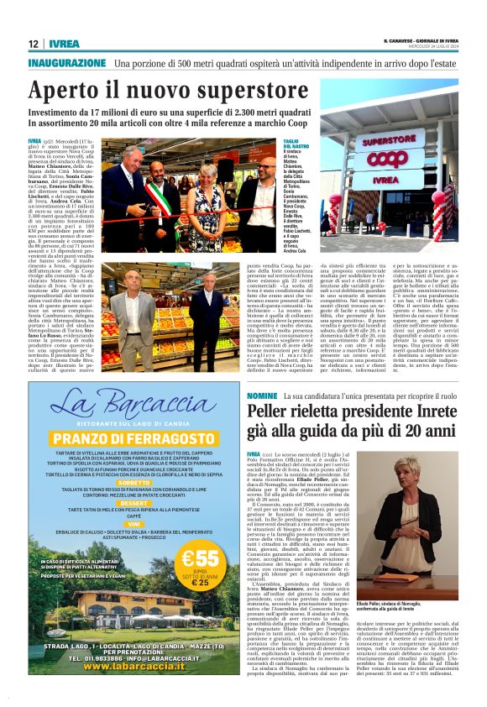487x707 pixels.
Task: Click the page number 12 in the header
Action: (33, 44)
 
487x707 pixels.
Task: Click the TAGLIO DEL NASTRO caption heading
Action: (292, 144)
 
